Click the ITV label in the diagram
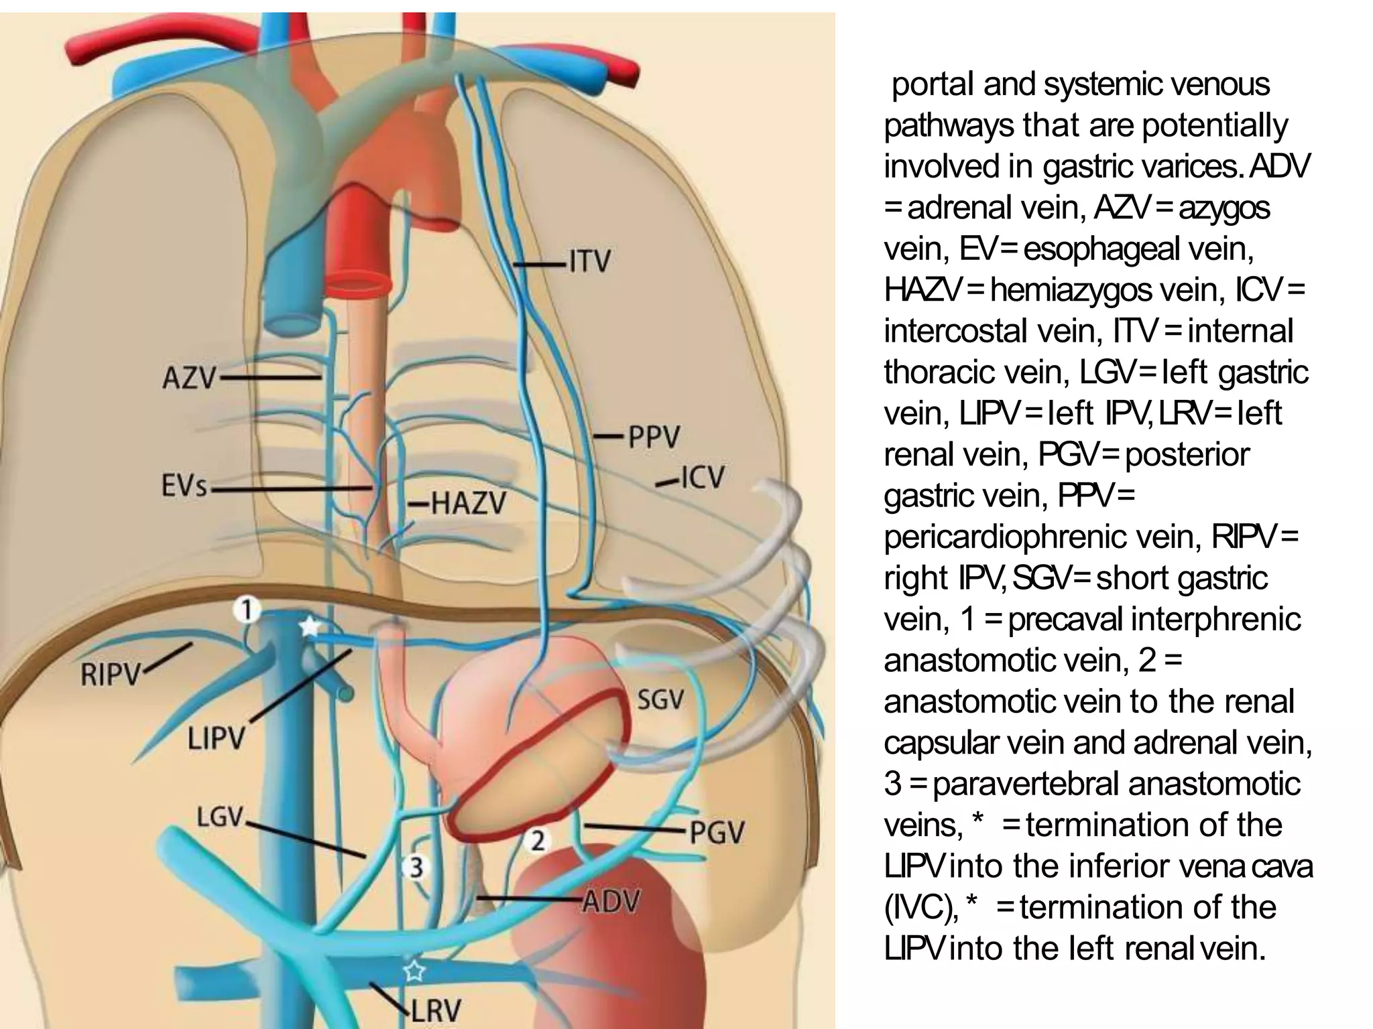pyautogui.click(x=590, y=261)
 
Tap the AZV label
pyautogui.click(x=189, y=379)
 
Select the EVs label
pyautogui.click(x=184, y=486)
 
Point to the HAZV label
pyautogui.click(x=468, y=503)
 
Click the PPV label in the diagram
pyautogui.click(x=654, y=437)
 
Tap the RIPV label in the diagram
pyautogui.click(x=110, y=675)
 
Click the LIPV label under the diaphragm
pyautogui.click(x=216, y=740)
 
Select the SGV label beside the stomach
pyautogui.click(x=660, y=701)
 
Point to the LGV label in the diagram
pyautogui.click(x=219, y=817)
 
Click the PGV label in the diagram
pyautogui.click(x=717, y=833)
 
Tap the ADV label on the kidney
pyautogui.click(x=611, y=902)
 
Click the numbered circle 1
pyautogui.click(x=247, y=610)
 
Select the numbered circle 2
pyautogui.click(x=538, y=840)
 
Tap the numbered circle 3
pyautogui.click(x=416, y=868)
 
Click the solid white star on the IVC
pyautogui.click(x=309, y=627)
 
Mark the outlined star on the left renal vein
pyautogui.click(x=414, y=970)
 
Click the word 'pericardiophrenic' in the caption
pyautogui.click(x=1042, y=537)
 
